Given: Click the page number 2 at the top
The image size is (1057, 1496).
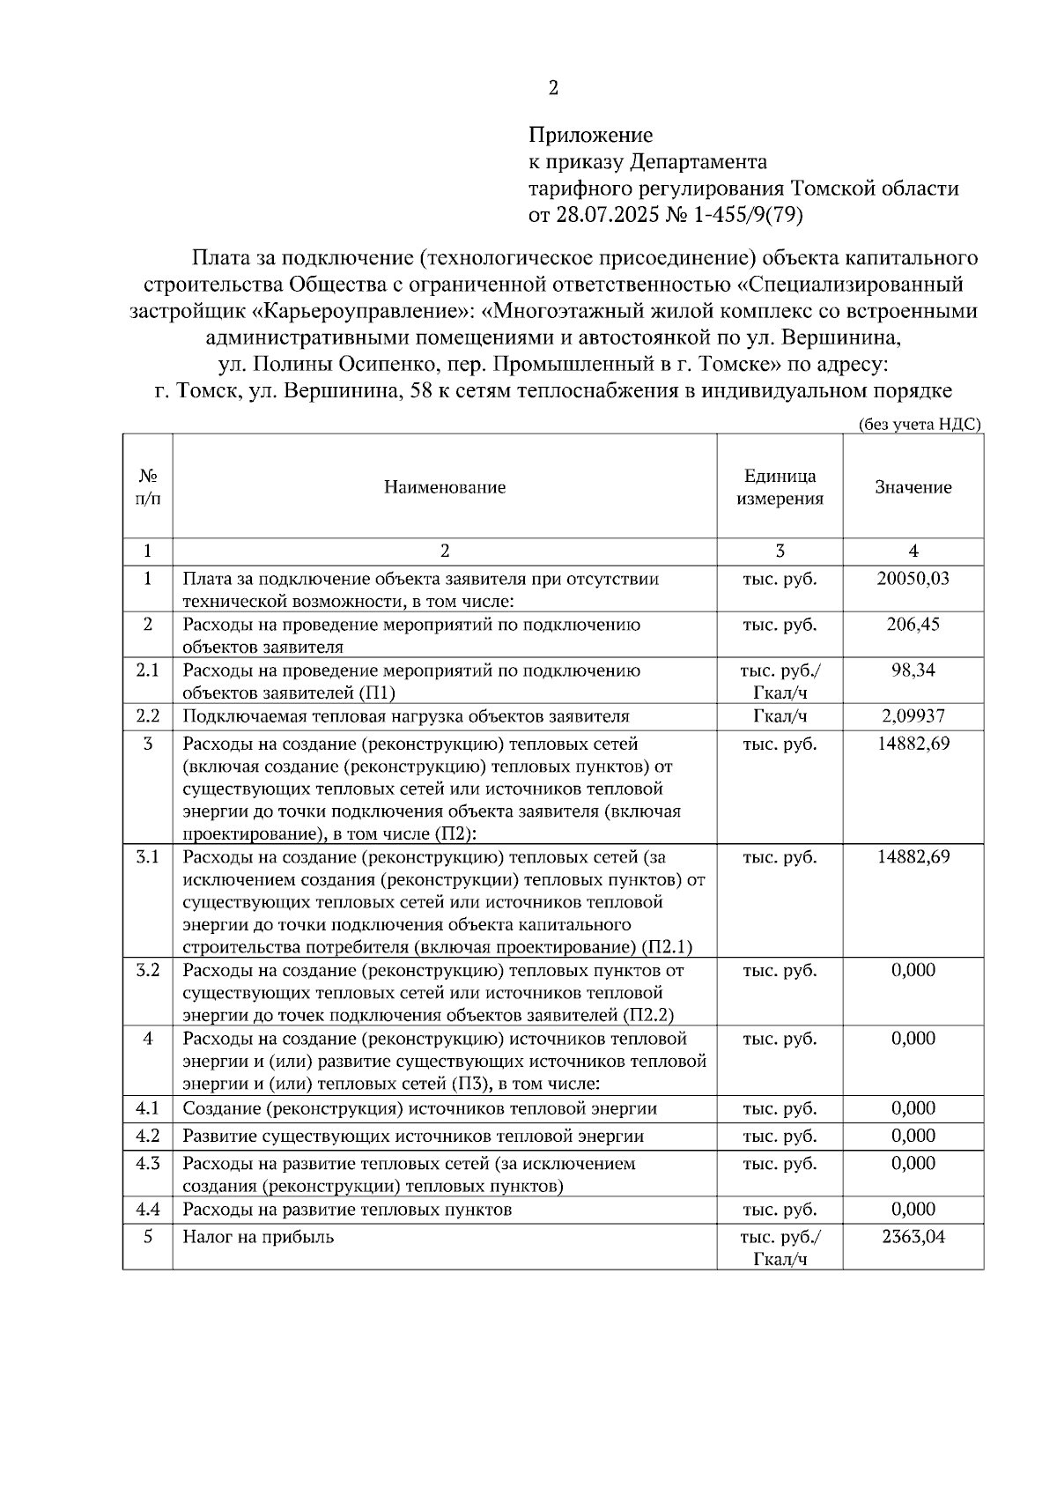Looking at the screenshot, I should [552, 88].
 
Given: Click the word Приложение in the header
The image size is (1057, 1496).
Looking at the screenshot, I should [590, 136].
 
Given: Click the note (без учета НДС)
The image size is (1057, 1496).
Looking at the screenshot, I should [920, 424].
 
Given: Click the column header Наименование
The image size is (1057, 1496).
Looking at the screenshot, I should [444, 487].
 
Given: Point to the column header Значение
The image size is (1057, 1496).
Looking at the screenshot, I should [913, 487].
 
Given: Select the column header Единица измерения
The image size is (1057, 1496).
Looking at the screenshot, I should [780, 487].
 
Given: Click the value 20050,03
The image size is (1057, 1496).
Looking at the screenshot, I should [913, 579].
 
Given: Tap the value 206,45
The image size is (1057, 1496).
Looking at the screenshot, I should [913, 625].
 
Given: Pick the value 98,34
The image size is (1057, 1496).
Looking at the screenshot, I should [913, 670].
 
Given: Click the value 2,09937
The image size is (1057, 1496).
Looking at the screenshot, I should [913, 716].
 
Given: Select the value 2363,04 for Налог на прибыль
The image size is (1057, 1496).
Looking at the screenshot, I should [913, 1237].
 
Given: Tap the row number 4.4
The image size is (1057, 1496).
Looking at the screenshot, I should [147, 1210].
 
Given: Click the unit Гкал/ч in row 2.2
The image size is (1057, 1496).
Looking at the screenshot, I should [780, 716].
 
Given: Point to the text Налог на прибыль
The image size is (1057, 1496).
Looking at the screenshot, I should [258, 1237].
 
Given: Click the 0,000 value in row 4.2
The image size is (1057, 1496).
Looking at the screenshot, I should [913, 1137].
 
